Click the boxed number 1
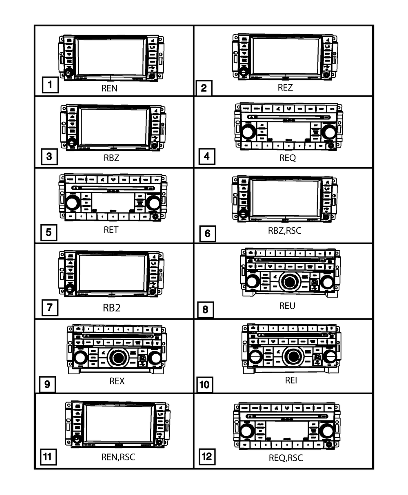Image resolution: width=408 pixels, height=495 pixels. (x=49, y=86)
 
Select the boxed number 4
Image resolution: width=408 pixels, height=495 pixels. (x=207, y=157)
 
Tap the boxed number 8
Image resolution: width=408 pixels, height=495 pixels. (x=205, y=309)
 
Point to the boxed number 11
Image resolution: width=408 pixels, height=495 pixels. (x=47, y=456)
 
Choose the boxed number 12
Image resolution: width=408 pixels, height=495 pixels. (x=207, y=456)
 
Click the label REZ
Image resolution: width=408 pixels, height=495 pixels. (x=285, y=87)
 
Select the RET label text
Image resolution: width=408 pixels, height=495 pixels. (x=111, y=230)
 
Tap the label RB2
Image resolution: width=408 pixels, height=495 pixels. (x=111, y=307)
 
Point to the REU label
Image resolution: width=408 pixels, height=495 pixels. (x=287, y=306)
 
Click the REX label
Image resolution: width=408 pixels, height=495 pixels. (x=117, y=381)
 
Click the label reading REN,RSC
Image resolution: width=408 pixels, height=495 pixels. (x=118, y=457)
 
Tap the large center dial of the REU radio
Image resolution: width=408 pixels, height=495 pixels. (x=289, y=282)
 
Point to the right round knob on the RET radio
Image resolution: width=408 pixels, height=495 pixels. (x=153, y=203)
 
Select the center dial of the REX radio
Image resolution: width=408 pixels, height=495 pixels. (x=117, y=358)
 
